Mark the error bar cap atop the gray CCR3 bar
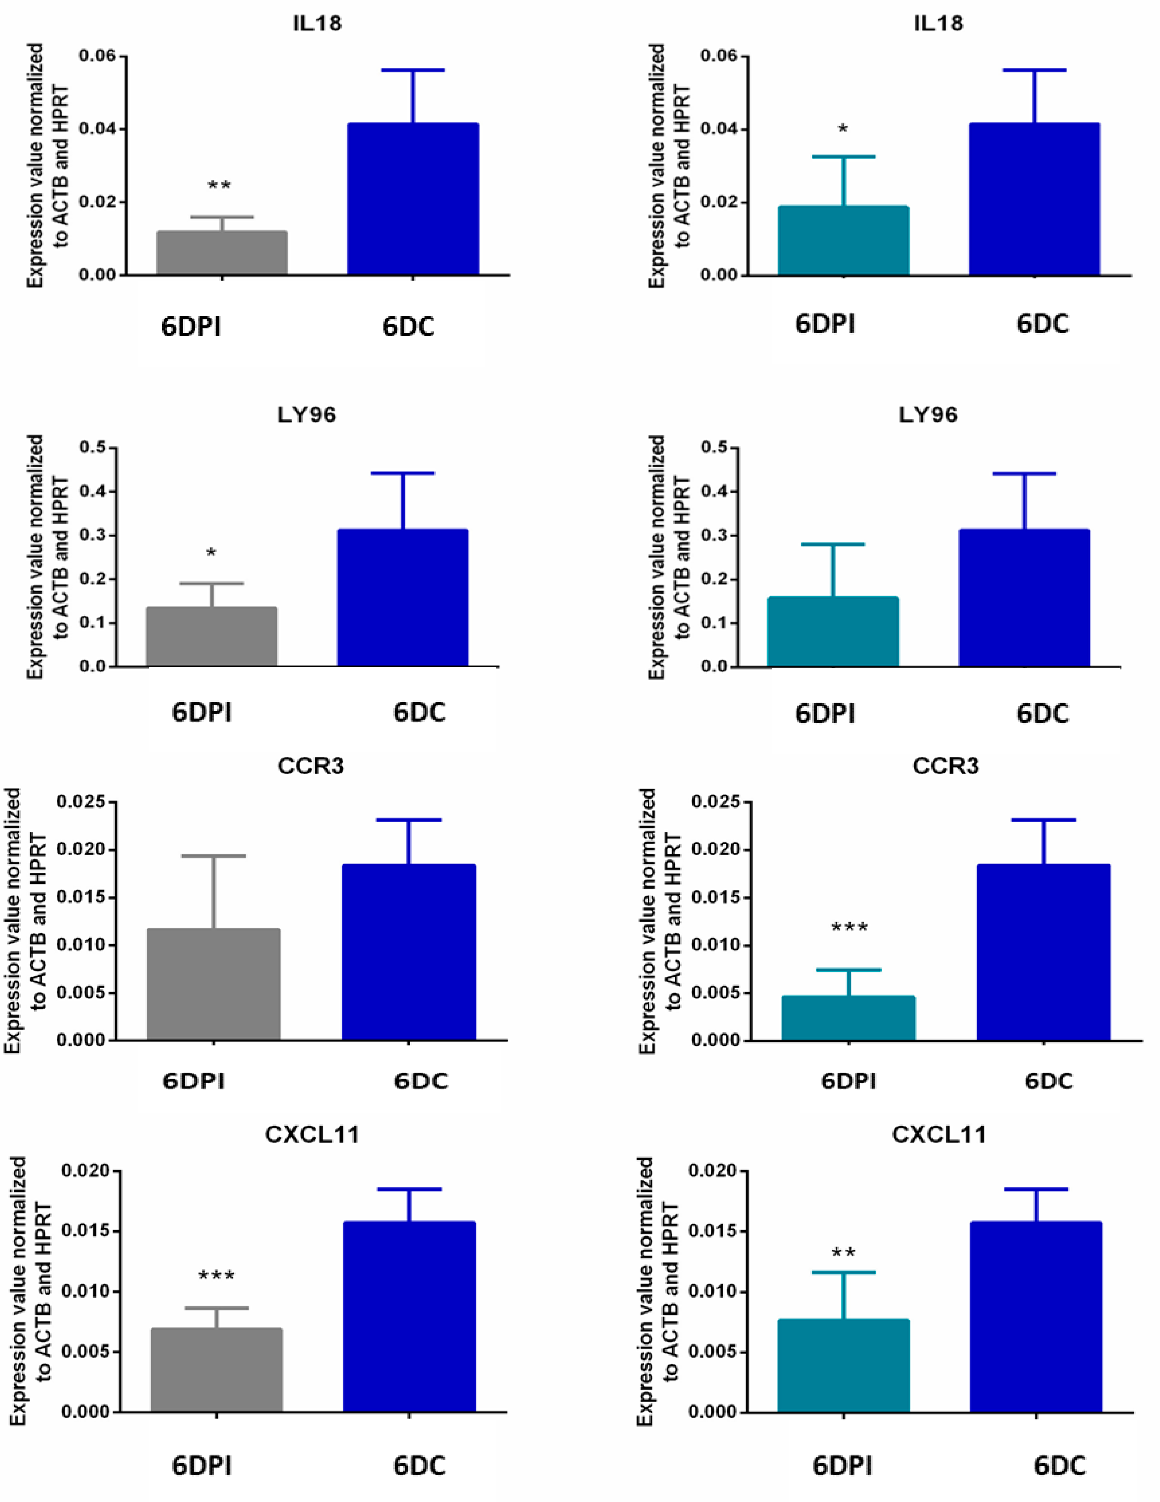click(x=213, y=856)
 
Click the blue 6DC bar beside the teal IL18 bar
click(x=1034, y=200)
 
